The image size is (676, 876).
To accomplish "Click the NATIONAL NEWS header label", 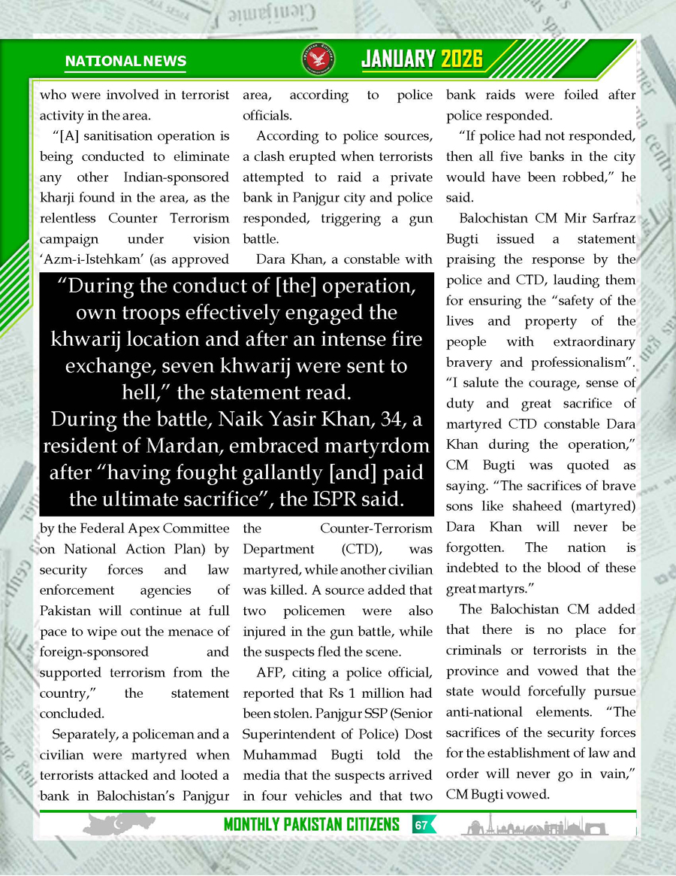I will [125, 62].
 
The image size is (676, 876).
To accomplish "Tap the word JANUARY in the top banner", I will [398, 59].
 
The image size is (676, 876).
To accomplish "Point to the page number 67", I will [421, 825].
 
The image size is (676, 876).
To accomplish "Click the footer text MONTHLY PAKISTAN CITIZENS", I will [311, 825].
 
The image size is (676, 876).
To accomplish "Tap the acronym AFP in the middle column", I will [270, 672].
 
